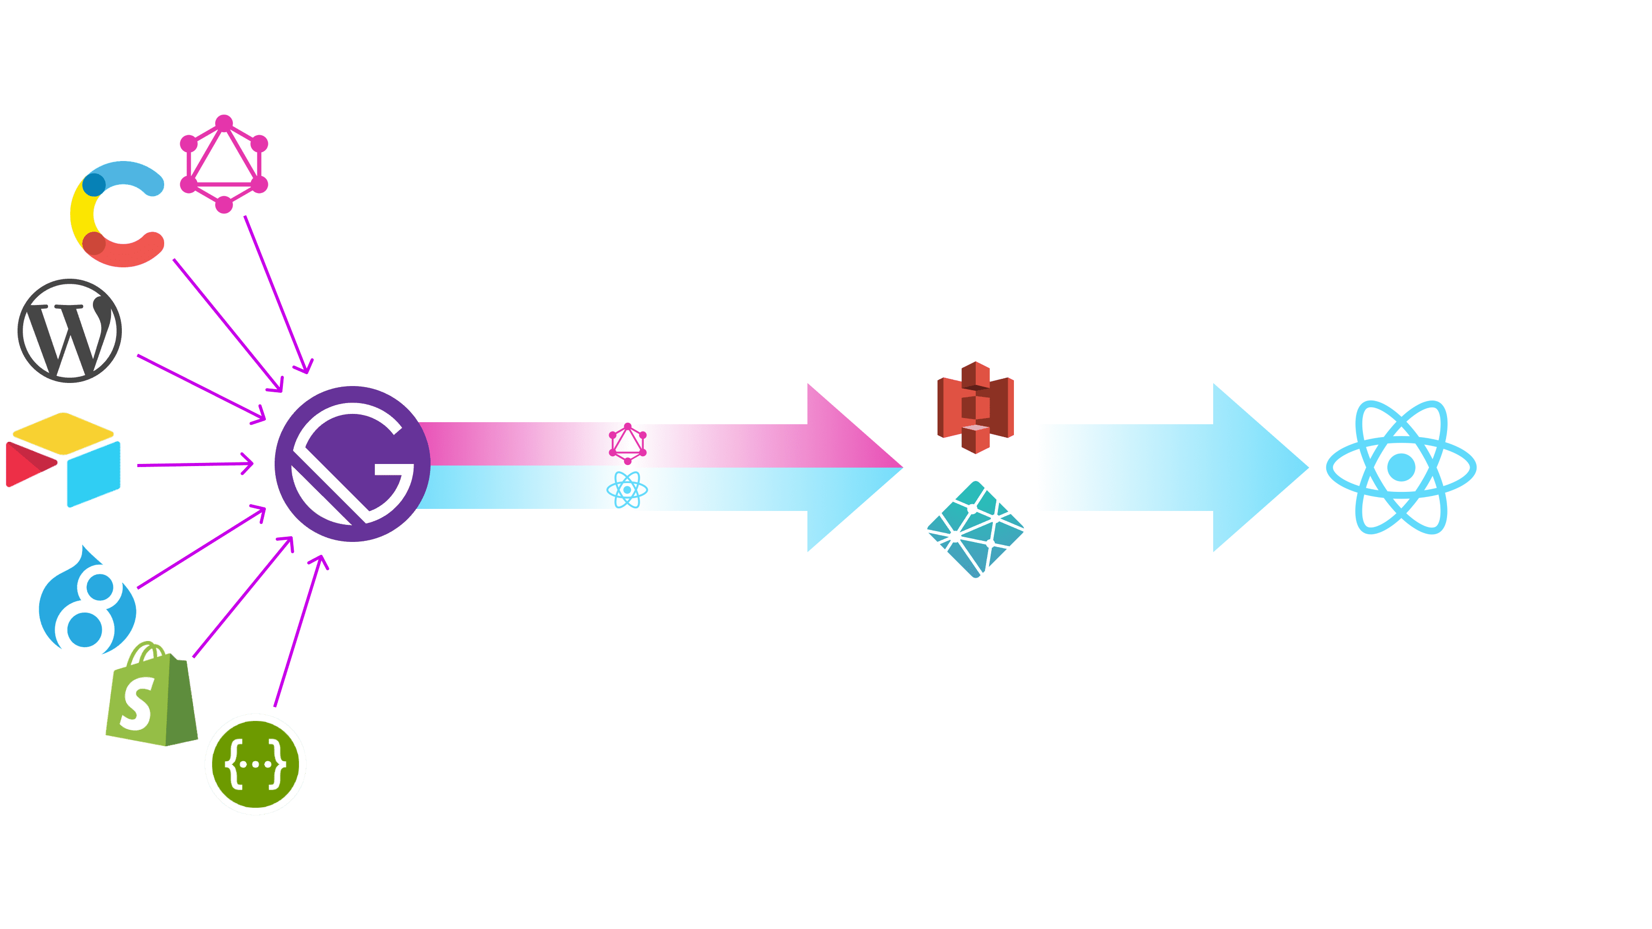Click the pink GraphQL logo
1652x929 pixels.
pyautogui.click(x=224, y=164)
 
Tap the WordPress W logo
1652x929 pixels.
pyautogui.click(x=69, y=330)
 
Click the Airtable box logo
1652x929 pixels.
pyautogui.click(x=63, y=460)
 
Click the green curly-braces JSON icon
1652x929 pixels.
pyautogui.click(x=255, y=764)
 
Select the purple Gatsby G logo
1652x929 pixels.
pyautogui.click(x=353, y=464)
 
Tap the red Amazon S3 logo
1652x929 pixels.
pyautogui.click(x=975, y=408)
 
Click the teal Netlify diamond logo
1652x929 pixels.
pyautogui.click(x=975, y=530)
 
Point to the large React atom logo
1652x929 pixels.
pyautogui.click(x=1401, y=468)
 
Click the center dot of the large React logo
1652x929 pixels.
pyautogui.click(x=1401, y=468)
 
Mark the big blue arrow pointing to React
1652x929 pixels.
pyautogui.click(x=1173, y=468)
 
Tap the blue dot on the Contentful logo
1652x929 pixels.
pyautogui.click(x=94, y=184)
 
